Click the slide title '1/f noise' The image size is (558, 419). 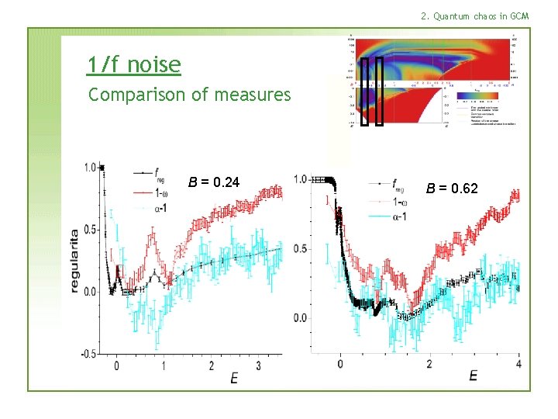click(134, 65)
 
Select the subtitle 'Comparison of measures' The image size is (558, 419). click(189, 95)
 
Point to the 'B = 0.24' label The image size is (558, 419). click(214, 183)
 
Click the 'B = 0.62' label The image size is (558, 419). click(452, 189)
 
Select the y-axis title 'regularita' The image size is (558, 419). click(74, 260)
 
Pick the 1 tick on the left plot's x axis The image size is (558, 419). click(164, 365)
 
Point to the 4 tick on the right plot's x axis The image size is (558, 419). click(518, 364)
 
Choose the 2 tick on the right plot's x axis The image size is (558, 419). click(429, 364)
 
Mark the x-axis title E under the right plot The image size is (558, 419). click(473, 376)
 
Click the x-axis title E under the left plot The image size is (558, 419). click(233, 378)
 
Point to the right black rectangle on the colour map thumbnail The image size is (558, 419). click(379, 92)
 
